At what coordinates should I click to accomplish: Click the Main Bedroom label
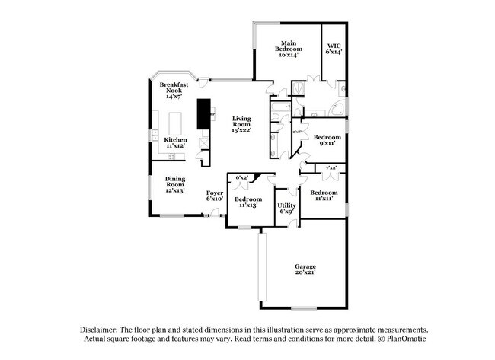click(x=287, y=49)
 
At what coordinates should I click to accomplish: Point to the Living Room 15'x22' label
click(x=241, y=124)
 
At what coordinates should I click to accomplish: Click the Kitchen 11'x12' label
click(x=175, y=143)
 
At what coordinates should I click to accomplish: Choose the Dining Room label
click(x=175, y=183)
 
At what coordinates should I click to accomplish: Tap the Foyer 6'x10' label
click(x=215, y=196)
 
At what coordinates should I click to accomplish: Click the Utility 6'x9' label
click(x=286, y=208)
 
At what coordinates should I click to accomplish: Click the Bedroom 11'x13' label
click(x=248, y=202)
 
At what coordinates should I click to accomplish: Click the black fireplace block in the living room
click(x=204, y=113)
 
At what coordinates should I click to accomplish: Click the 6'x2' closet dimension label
click(x=242, y=177)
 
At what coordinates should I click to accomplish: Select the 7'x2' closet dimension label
click(x=331, y=167)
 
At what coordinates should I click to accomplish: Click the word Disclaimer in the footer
click(x=101, y=328)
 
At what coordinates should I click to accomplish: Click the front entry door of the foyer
click(x=215, y=215)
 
